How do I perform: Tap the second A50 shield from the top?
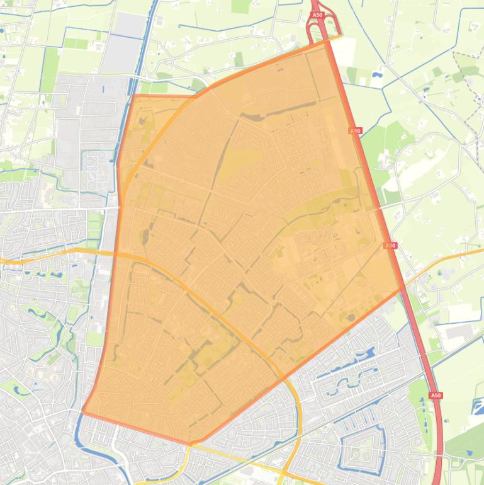(x=356, y=131)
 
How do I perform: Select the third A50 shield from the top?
(x=391, y=245)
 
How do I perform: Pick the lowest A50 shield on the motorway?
(x=436, y=395)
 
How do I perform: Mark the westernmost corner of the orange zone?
(x=83, y=412)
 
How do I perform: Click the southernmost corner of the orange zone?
(x=190, y=443)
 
